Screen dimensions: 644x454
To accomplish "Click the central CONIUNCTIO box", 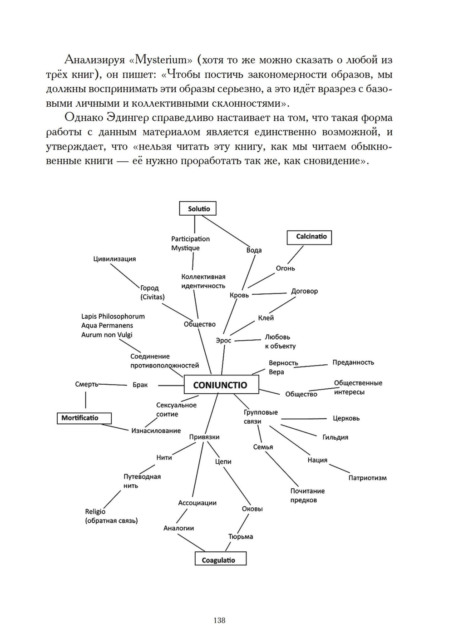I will point(221,385).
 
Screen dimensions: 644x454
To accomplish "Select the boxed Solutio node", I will point(197,208).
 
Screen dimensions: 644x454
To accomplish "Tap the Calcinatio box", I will point(310,237).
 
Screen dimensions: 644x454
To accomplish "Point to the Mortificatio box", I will point(84,418).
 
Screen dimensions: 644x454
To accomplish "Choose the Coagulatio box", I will point(220,559).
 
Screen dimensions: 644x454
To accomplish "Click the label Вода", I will point(254,250).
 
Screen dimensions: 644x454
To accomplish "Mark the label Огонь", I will point(285,268).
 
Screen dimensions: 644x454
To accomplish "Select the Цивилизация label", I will point(114,259).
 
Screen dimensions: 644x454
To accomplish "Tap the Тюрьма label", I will point(240,536).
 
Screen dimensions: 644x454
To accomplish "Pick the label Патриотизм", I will point(367,478).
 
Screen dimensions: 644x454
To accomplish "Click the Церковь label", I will point(346,418).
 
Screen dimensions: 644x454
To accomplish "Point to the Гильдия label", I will point(335,437).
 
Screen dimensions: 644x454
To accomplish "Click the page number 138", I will point(219,620).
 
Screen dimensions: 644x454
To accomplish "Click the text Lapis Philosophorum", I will point(113,317).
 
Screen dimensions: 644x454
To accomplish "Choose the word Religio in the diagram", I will point(95,511).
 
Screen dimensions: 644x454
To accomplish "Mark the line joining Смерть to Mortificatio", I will point(85,400).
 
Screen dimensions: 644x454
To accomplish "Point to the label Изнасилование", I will point(156,431).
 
